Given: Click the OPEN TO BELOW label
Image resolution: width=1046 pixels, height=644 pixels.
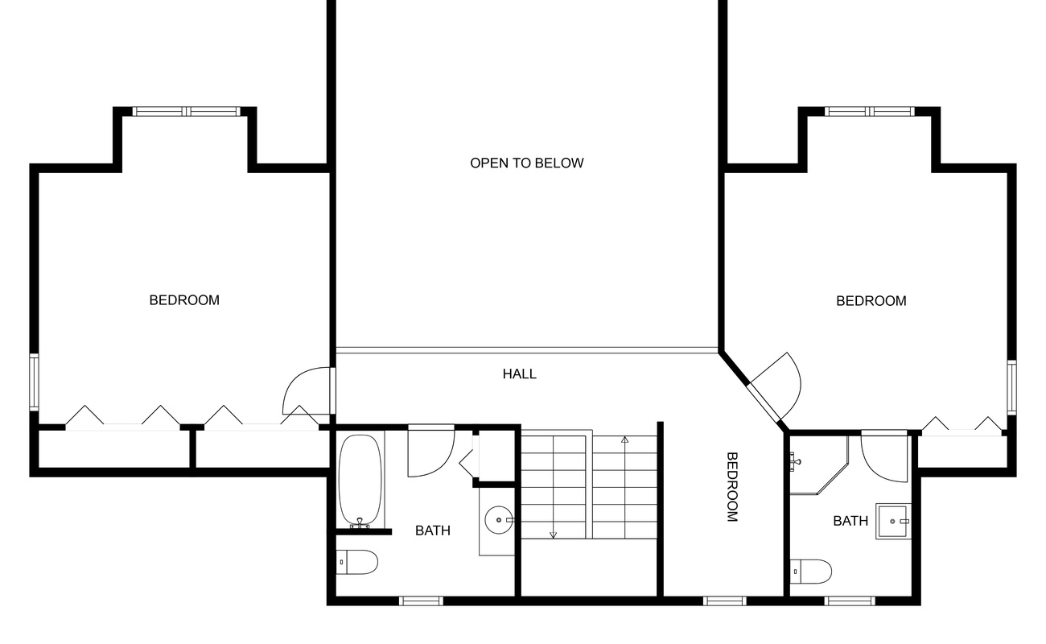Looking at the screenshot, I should (x=527, y=163).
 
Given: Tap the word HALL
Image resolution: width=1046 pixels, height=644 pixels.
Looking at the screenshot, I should (x=520, y=374).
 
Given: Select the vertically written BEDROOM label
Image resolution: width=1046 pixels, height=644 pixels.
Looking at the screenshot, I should (x=732, y=487).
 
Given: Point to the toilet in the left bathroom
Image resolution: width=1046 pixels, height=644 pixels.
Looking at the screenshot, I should (x=357, y=562).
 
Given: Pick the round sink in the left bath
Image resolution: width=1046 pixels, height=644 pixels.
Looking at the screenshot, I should (x=500, y=520).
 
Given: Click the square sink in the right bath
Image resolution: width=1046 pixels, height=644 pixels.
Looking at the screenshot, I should (x=893, y=521).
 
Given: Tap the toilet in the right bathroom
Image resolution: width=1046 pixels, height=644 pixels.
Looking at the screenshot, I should (x=810, y=571).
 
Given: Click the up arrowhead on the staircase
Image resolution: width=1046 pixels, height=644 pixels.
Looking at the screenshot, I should (x=624, y=440).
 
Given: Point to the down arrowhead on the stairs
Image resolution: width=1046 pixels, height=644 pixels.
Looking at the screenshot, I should (x=553, y=534).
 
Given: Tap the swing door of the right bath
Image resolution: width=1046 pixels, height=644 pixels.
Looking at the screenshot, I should (x=884, y=457).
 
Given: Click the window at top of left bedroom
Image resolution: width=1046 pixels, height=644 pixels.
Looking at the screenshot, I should (x=186, y=112).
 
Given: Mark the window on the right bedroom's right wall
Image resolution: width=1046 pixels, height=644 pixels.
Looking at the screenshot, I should (x=1011, y=386).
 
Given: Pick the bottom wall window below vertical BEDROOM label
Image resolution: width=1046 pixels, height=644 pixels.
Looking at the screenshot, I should (x=724, y=601).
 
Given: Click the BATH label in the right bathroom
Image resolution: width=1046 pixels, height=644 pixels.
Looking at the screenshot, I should (x=850, y=521).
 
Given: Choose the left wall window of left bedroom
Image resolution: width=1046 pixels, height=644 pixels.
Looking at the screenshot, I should (x=35, y=382).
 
